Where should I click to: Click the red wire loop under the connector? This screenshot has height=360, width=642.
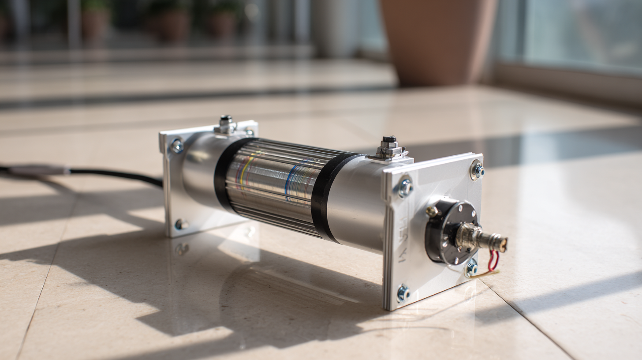493,260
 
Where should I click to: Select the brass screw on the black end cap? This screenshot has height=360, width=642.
432,211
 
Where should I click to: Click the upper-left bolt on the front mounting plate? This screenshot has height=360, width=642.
405,187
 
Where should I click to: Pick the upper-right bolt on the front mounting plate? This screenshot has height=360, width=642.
477,170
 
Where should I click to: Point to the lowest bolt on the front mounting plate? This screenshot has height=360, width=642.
402,293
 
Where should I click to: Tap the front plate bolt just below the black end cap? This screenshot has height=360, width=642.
471,268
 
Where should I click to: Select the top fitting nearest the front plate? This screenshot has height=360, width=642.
389,148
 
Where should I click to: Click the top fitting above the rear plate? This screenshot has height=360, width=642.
226,125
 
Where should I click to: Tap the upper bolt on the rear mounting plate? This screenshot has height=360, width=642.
177,146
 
